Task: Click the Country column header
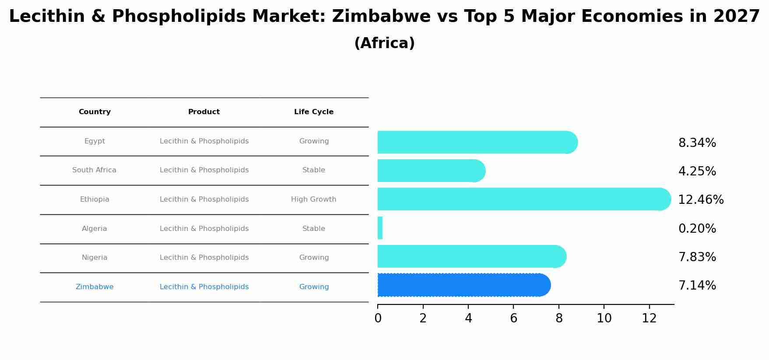point(95,112)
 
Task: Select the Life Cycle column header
point(314,112)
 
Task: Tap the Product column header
point(204,112)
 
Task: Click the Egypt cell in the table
point(95,141)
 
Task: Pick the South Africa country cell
point(94,170)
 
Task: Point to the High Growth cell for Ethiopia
point(314,199)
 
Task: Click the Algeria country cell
point(95,229)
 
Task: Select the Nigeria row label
point(95,258)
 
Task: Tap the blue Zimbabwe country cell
point(95,287)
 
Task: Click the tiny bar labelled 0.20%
point(380,228)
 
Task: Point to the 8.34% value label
point(697,143)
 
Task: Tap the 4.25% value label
point(697,171)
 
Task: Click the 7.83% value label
point(697,257)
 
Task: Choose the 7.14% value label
point(697,286)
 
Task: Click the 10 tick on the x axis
point(604,318)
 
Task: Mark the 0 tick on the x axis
point(378,318)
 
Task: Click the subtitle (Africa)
point(384,43)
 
